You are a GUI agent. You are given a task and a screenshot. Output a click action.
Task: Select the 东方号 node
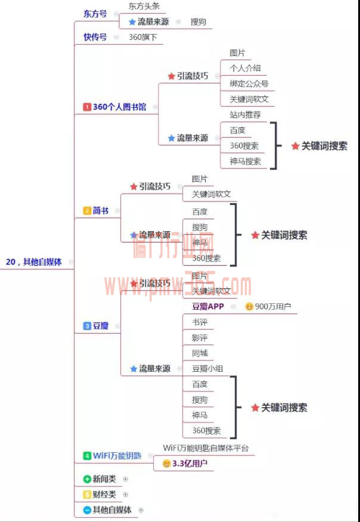pyautogui.click(x=95, y=14)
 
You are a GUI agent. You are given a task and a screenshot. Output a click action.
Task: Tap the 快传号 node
pyautogui.click(x=95, y=37)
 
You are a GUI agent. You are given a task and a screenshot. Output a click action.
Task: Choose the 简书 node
pyautogui.click(x=101, y=210)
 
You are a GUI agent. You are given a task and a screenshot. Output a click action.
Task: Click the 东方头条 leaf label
pyautogui.click(x=144, y=7)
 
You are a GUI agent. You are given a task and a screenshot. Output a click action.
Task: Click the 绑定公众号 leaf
pyautogui.click(x=249, y=84)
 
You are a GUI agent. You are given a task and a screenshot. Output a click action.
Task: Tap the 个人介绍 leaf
pyautogui.click(x=245, y=69)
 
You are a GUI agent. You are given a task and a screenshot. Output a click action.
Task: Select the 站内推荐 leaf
pyautogui.click(x=245, y=114)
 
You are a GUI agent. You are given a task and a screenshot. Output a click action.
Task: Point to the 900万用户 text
pyautogui.click(x=272, y=307)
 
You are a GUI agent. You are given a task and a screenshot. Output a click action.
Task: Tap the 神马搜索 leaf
pyautogui.click(x=245, y=161)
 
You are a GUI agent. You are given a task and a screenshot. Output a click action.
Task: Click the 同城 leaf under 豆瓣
pyautogui.click(x=200, y=353)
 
